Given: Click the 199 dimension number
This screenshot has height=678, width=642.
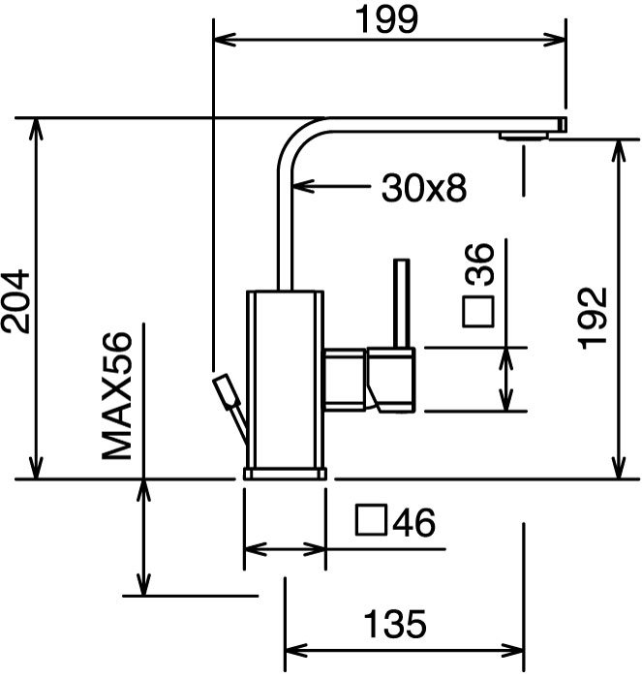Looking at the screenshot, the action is [x=386, y=19].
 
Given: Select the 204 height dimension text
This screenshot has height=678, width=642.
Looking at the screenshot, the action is [x=16, y=301].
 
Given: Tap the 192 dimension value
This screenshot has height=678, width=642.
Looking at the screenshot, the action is [x=593, y=318].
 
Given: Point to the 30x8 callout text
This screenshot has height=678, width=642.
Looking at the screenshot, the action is [x=424, y=188].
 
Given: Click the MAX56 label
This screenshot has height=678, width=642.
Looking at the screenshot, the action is [x=116, y=395].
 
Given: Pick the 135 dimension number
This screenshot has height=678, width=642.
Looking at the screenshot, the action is [x=395, y=624].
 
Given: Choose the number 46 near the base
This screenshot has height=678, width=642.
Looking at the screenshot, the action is [x=413, y=522].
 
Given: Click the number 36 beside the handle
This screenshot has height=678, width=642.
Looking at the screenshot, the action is [x=479, y=263].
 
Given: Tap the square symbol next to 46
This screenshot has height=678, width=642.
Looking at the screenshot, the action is [x=371, y=520].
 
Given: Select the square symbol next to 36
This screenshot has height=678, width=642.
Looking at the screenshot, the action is [x=478, y=312].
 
